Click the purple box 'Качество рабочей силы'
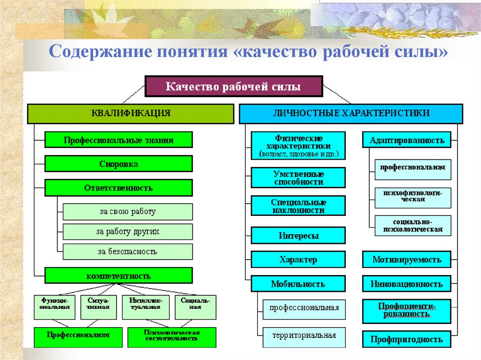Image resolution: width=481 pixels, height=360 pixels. point(233,87)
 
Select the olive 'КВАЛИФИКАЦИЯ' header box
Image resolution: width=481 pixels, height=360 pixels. point(131,114)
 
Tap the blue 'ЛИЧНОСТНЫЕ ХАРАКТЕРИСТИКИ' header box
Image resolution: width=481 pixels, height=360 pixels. point(351,114)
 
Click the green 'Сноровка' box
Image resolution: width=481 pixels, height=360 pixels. point(118,164)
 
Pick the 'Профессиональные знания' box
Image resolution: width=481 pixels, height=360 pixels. point(118,140)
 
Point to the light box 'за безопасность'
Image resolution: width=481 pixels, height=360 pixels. point(127,251)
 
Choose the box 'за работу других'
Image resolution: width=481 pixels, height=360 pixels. point(127,231)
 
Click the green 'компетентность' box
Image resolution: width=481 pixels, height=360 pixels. point(118,276)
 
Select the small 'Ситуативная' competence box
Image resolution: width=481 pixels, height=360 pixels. point(98,307)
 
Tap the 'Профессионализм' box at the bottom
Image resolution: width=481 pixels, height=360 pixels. point(78,337)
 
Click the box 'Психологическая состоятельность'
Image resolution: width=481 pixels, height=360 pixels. point(172,337)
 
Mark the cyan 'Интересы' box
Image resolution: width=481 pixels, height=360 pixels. point(298,236)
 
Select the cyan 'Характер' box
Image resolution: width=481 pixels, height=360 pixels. point(298,260)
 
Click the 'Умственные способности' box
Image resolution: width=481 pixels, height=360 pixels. point(298,178)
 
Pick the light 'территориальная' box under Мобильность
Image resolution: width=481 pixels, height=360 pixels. point(304,336)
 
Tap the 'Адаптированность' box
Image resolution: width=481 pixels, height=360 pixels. point(407,140)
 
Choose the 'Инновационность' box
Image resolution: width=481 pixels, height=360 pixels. point(407,284)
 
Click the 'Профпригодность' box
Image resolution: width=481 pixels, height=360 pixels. point(407,339)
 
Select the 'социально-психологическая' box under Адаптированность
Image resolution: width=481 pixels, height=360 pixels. point(413,226)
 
